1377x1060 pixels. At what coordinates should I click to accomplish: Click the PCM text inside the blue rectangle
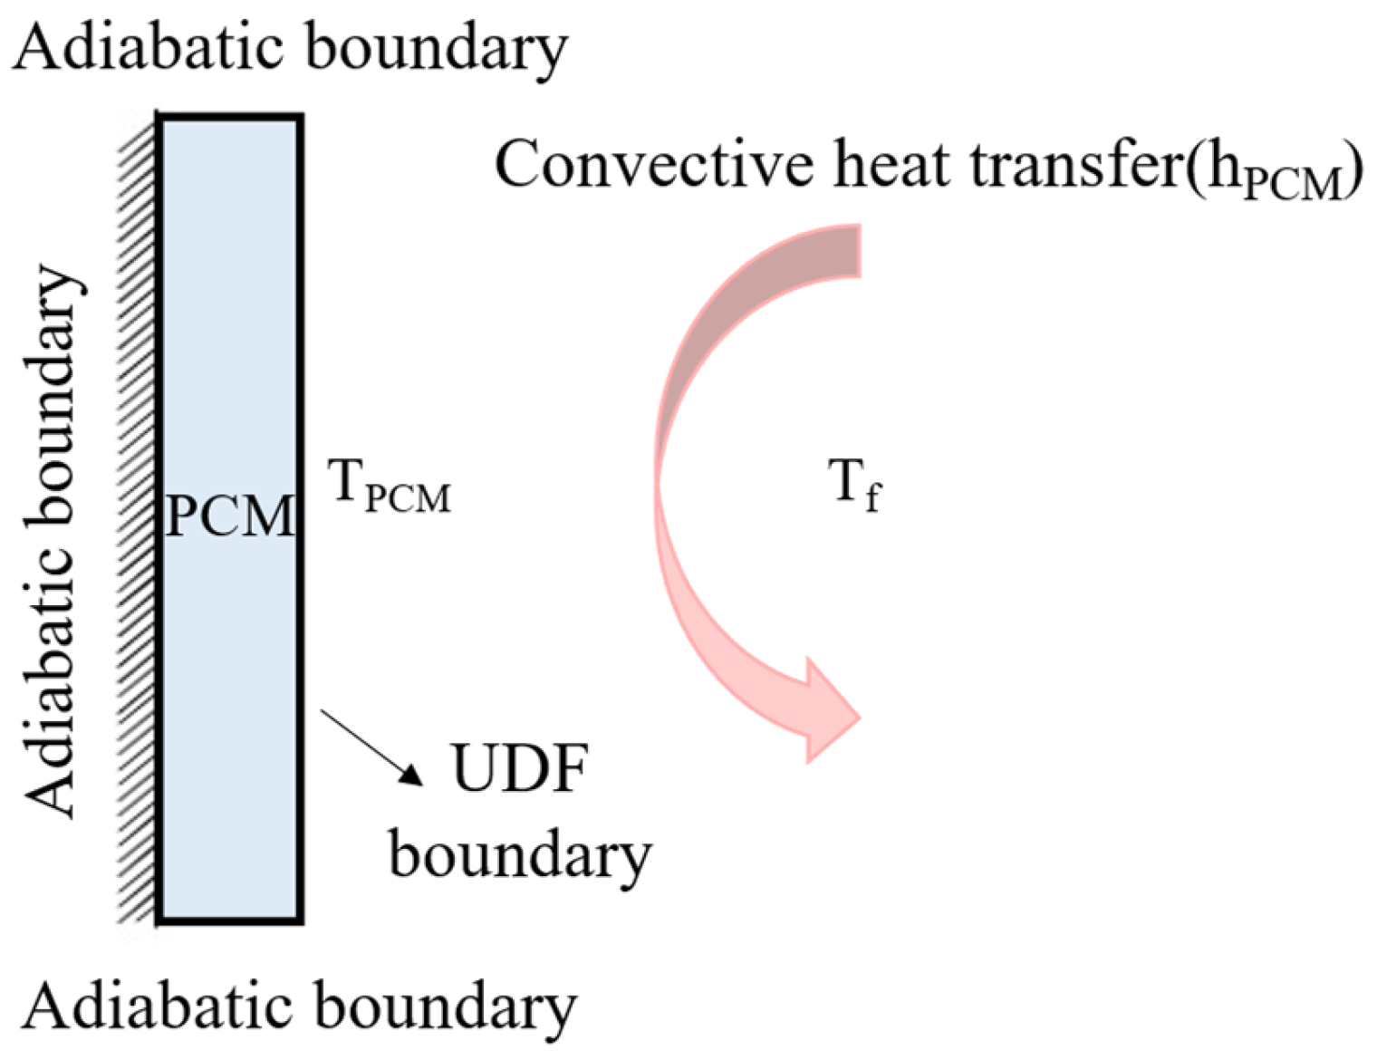pyautogui.click(x=230, y=516)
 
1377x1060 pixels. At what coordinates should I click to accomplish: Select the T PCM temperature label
pyautogui.click(x=390, y=489)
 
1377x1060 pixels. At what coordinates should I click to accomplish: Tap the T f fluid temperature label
pyautogui.click(x=854, y=485)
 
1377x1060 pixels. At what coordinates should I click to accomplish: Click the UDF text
pyautogui.click(x=519, y=770)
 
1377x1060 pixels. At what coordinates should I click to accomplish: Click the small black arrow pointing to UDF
pyautogui.click(x=371, y=747)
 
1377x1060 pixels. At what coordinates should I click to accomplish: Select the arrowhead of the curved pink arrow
pyautogui.click(x=829, y=716)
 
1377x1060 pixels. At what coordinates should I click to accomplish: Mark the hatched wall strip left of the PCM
pyautogui.click(x=138, y=516)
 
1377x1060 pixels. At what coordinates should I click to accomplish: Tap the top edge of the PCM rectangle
pyautogui.click(x=230, y=117)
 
